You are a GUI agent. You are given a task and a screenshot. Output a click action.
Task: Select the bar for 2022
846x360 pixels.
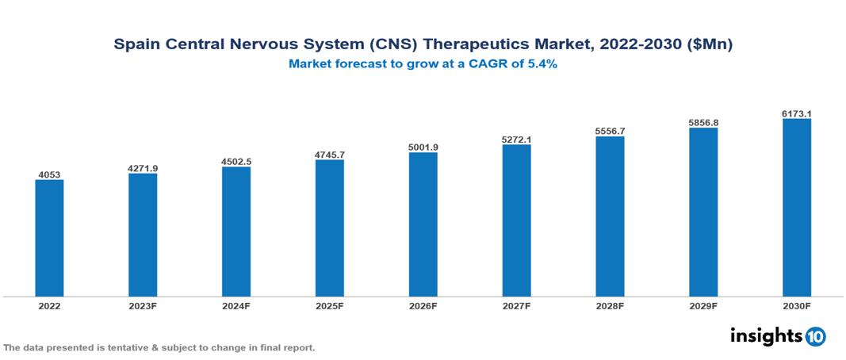[49, 238]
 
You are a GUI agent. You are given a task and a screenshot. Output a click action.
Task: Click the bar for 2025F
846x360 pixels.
[330, 228]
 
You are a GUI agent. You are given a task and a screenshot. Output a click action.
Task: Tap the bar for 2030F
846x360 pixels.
[797, 208]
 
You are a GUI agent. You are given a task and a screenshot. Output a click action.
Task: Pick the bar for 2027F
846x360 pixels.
[516, 220]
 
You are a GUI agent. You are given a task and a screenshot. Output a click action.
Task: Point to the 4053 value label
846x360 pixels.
[49, 174]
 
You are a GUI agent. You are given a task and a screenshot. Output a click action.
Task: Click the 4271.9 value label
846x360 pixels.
[143, 167]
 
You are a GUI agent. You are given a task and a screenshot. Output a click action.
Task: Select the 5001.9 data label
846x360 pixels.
[423, 147]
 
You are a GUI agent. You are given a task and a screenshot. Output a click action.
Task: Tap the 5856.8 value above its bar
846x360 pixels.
[703, 123]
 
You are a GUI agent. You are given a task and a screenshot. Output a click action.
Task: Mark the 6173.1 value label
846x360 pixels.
[797, 113]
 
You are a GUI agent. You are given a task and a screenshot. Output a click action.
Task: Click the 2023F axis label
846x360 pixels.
[143, 306]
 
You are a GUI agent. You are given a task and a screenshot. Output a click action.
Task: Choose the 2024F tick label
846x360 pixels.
[236, 306]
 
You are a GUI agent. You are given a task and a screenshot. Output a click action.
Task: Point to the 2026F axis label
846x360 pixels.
[423, 306]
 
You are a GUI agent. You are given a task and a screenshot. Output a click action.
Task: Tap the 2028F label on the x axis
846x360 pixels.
[610, 306]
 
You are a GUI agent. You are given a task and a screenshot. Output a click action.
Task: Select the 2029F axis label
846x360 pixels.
[703, 306]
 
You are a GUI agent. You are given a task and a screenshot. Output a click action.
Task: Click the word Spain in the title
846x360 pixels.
[136, 45]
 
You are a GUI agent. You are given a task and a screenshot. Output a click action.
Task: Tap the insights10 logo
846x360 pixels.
[777, 336]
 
